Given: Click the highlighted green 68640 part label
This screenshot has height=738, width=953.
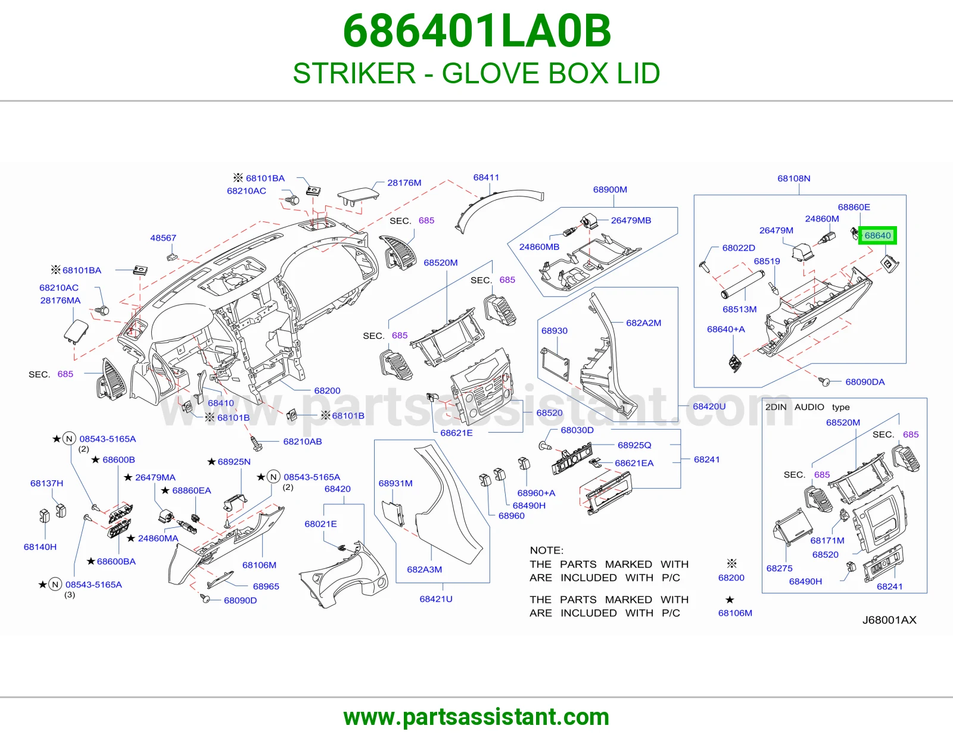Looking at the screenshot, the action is coord(877,236).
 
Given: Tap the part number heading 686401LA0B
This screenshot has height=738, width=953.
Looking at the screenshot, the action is coord(476,31).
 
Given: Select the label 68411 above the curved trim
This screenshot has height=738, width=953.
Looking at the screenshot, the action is coord(486,177).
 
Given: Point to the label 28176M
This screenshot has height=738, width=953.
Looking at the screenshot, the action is coord(404,183).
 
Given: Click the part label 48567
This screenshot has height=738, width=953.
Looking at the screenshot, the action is coord(163,238).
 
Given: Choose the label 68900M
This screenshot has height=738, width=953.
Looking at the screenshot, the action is coord(610,190).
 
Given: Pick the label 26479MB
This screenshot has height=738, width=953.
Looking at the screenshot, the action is coord(631,220).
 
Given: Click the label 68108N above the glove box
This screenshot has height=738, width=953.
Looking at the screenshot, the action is coord(794,179).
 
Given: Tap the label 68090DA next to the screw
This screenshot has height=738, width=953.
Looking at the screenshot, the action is coord(865,382).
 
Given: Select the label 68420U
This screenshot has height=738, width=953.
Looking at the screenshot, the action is coord(709,406).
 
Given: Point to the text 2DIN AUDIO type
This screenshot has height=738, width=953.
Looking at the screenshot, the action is coord(808,407).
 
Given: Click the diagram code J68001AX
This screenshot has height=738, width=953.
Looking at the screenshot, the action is coord(889,620).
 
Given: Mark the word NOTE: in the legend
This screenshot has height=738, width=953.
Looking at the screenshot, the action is coord(546,551).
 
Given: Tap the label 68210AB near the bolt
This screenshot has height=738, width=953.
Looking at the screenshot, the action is coord(303,442).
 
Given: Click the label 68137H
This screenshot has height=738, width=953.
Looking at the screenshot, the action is coord(46,483).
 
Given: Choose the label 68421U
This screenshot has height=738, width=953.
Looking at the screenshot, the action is coord(436,599).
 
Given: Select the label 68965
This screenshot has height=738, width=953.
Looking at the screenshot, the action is coord(266,586).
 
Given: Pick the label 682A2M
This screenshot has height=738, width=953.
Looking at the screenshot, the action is coord(643,323).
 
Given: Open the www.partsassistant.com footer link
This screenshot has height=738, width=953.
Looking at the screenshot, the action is coord(476,717).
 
